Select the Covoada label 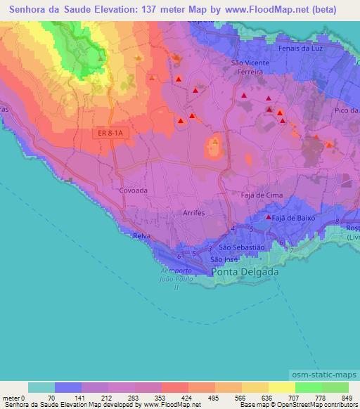click(x=133, y=190)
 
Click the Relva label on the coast click(x=141, y=236)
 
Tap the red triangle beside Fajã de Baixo click(x=268, y=218)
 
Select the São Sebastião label click(x=241, y=247)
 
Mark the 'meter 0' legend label click(x=13, y=398)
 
